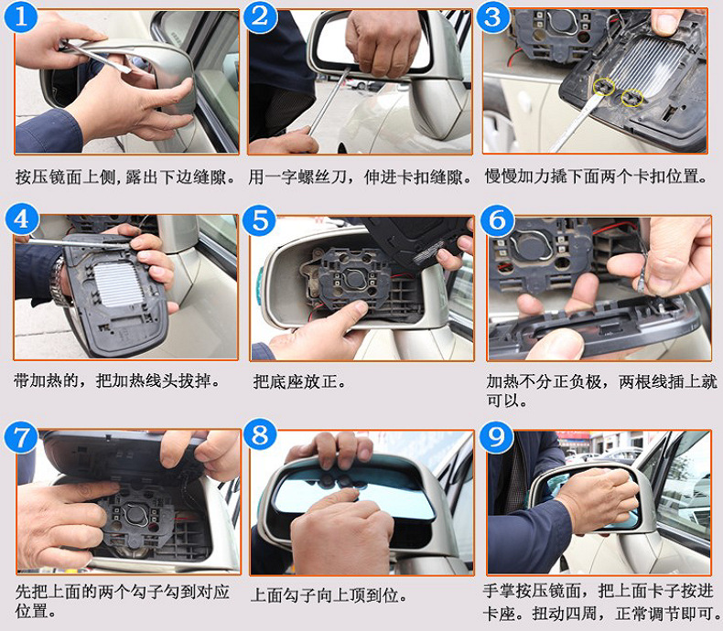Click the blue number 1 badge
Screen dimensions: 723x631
[x=21, y=16]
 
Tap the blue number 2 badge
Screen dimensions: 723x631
[x=260, y=16]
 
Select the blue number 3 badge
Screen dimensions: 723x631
[x=493, y=16]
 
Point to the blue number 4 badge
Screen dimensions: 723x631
[x=21, y=219]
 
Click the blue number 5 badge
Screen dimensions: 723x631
[x=260, y=220]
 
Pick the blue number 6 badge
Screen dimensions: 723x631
[x=497, y=220]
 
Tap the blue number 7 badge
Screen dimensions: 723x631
[x=21, y=438]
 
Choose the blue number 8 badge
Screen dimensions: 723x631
[x=260, y=434]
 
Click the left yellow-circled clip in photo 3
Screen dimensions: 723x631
[x=604, y=87]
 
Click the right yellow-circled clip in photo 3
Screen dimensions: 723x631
[x=632, y=97]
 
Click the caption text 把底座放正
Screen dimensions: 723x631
[x=299, y=382]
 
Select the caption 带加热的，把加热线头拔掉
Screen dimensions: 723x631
[x=117, y=381]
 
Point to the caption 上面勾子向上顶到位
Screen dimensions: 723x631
[x=329, y=595]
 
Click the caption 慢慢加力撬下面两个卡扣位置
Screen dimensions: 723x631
[x=596, y=176]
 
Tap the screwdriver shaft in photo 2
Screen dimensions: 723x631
[x=329, y=102]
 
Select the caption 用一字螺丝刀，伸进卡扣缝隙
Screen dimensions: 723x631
[x=360, y=176]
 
